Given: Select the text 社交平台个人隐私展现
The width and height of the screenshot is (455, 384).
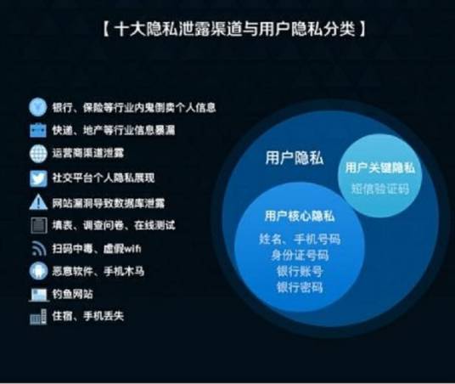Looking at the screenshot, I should point(103,178).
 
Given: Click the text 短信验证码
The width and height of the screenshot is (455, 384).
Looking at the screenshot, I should point(379,188).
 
